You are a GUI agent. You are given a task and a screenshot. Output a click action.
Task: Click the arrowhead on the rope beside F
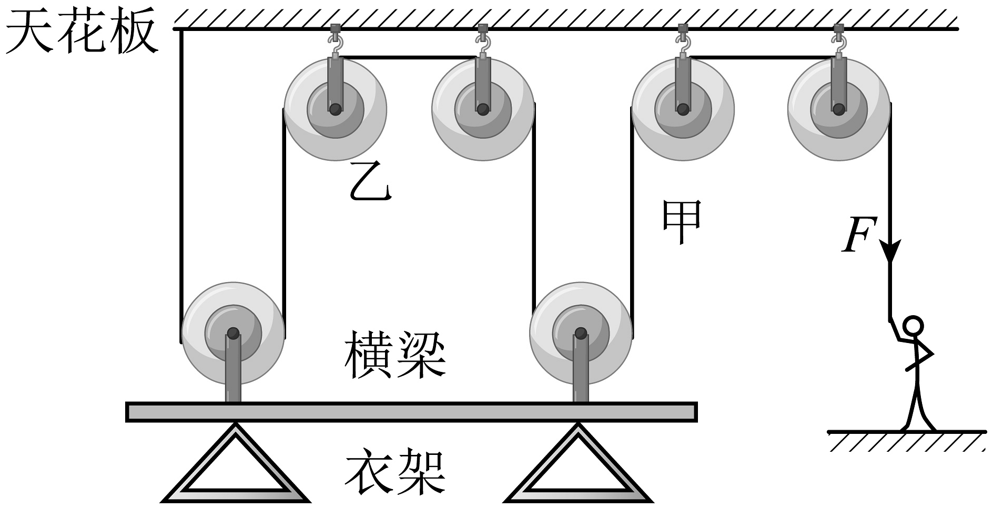coord(890,251)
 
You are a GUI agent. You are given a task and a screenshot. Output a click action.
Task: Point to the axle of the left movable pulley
coord(233,333)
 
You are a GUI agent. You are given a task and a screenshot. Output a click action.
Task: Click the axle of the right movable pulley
coord(581,333)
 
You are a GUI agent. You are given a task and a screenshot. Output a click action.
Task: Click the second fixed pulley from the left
coord(482,109)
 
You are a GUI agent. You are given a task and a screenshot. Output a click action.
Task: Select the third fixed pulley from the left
coord(683,109)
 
